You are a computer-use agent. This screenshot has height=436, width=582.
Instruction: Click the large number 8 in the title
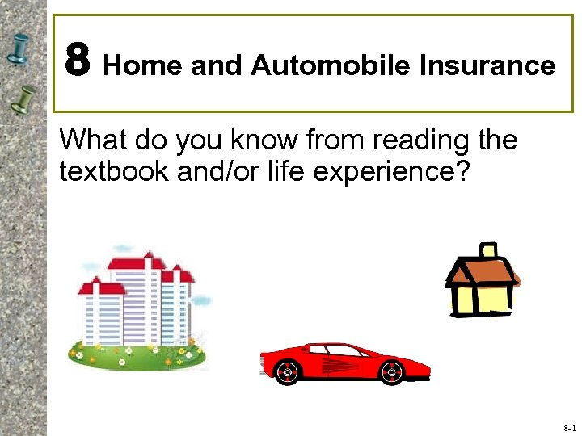coord(78,61)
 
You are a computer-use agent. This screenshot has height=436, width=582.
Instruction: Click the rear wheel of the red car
coord(390,372)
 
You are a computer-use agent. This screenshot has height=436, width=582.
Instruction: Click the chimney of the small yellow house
coord(488,251)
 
